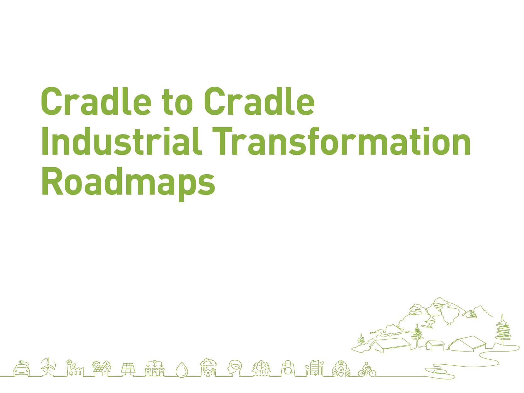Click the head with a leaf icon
tap(235, 368)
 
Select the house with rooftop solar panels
tap(102, 368)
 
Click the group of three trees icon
tap(261, 368)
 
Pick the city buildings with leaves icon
tap(314, 368)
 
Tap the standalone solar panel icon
tap(128, 368)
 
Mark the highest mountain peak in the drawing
tap(439, 299)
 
